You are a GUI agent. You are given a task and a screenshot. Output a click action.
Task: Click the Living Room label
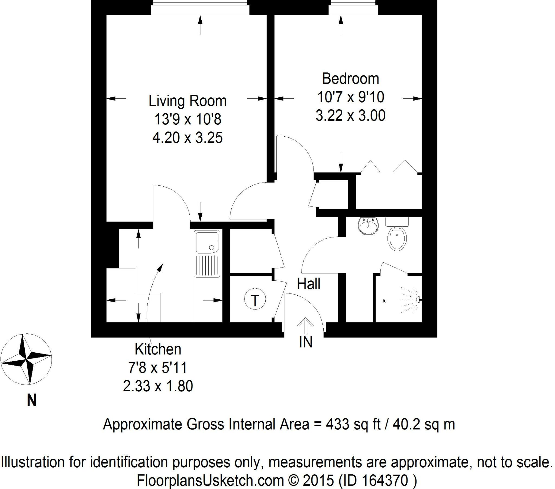pos(187,101)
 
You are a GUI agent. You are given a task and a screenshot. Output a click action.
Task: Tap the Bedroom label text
pos(350,79)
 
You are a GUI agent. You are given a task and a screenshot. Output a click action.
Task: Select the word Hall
pos(309,284)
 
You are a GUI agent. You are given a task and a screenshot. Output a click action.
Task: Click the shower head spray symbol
pos(410,300)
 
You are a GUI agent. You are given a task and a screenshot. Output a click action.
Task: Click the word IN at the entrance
pos(306,342)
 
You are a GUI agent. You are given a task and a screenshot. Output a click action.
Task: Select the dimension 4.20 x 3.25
pos(187,138)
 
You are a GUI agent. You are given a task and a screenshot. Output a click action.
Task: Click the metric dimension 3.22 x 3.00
pos(350,116)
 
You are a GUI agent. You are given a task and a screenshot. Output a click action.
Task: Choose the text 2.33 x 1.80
pos(158,386)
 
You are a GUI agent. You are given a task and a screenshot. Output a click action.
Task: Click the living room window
pos(200,8)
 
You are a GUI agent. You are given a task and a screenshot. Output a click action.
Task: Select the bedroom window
pos(353,8)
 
